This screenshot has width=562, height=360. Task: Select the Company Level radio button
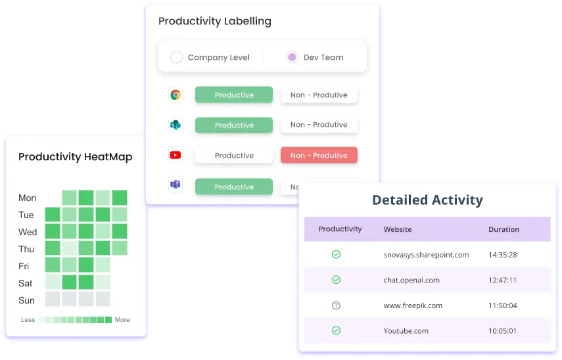pyautogui.click(x=176, y=57)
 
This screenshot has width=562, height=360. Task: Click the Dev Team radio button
pyautogui.click(x=292, y=57)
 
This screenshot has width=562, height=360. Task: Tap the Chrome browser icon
pyautogui.click(x=176, y=95)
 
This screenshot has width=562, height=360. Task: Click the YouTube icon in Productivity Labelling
pyautogui.click(x=176, y=155)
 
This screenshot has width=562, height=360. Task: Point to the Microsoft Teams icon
pyautogui.click(x=176, y=185)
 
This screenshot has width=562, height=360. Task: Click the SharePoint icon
pyautogui.click(x=176, y=125)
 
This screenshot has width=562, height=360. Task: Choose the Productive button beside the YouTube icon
pyautogui.click(x=234, y=156)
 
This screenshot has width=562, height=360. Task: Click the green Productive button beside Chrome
pyautogui.click(x=234, y=95)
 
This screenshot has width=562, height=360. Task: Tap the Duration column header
pyautogui.click(x=503, y=229)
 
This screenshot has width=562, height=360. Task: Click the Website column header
pyautogui.click(x=398, y=229)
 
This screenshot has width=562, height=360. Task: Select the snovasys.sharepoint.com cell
pyautogui.click(x=426, y=255)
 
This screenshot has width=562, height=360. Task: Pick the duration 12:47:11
pyautogui.click(x=502, y=280)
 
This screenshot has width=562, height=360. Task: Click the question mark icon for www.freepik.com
pyautogui.click(x=336, y=305)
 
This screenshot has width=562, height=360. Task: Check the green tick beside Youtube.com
pyautogui.click(x=336, y=330)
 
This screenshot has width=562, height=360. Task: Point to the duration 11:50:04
pyautogui.click(x=502, y=305)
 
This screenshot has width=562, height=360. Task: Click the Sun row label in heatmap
pyautogui.click(x=26, y=300)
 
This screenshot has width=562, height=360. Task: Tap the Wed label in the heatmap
pyautogui.click(x=28, y=232)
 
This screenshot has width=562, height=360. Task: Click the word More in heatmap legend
pyautogui.click(x=122, y=319)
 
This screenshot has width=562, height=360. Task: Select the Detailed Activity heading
pyautogui.click(x=428, y=200)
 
